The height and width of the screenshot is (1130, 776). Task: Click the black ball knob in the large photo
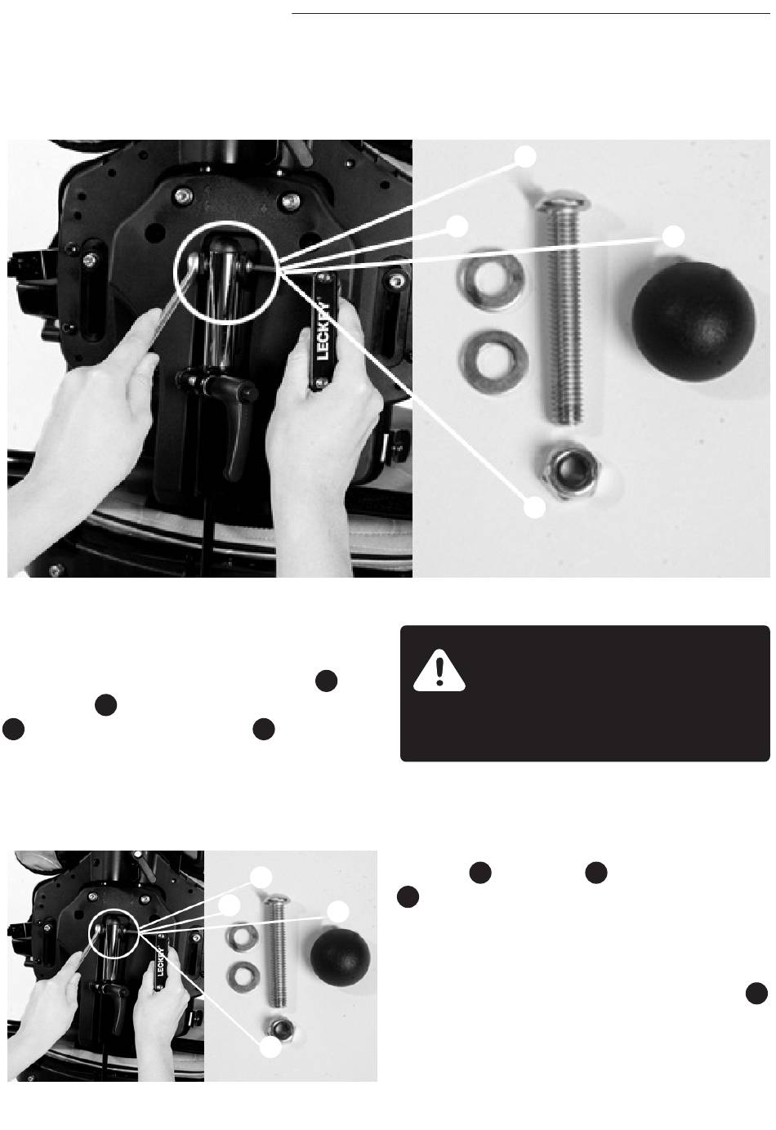coord(693,321)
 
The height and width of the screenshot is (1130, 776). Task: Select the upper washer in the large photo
coord(491,279)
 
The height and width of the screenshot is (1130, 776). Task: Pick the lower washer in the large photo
coord(493,361)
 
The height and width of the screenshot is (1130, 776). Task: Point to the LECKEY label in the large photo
coord(323,332)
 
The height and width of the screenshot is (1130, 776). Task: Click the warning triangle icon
coord(439,671)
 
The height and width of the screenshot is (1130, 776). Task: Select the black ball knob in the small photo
coord(340,958)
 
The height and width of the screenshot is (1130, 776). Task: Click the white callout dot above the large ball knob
coord(673,237)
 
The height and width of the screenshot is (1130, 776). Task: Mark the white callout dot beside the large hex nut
coord(534,507)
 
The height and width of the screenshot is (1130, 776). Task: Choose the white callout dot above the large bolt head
coord(525,158)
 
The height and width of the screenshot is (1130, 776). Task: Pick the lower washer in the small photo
coord(243,976)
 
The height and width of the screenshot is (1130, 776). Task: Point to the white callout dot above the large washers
coord(457,226)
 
